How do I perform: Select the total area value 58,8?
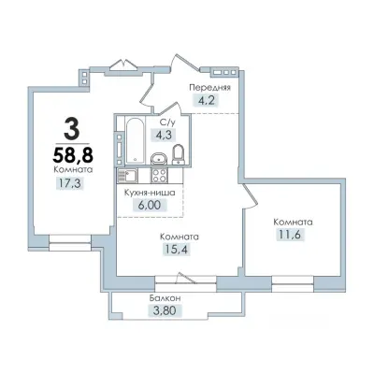pos(73,154)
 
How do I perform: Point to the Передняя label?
pos(210,88)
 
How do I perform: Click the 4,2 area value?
pos(207,101)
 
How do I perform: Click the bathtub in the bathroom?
pos(135,139)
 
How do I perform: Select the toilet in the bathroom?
pos(179,154)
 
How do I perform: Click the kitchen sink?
pos(126,176)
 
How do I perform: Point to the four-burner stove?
pos(160,176)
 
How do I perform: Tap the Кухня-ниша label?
pos(150,193)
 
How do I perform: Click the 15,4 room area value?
pos(177,249)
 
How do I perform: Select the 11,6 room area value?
pos(290,235)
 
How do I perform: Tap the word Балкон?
pos(165,298)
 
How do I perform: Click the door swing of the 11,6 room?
pos(252,197)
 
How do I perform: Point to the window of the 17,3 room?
pos(70,243)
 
